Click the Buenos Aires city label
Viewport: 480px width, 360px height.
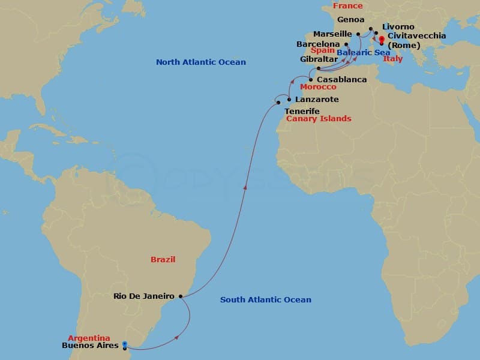point(90,346)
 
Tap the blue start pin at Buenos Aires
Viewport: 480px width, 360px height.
point(124,344)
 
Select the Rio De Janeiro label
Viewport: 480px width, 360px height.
point(144,296)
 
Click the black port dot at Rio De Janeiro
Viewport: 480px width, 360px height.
point(181,296)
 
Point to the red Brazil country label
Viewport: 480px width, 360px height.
point(163,260)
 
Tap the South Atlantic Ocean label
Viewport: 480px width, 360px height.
point(265,300)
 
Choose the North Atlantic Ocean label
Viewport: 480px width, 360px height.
point(200,62)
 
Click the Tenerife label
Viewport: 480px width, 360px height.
point(302,112)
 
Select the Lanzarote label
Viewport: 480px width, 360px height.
point(317,100)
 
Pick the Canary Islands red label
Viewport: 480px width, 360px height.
point(319,119)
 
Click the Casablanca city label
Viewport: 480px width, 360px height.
point(341,80)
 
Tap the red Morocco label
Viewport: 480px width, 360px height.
point(318,88)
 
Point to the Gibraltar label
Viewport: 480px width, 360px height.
point(319,59)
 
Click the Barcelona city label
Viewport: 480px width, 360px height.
point(318,44)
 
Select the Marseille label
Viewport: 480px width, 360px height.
point(332,34)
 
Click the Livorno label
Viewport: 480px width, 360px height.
point(398,27)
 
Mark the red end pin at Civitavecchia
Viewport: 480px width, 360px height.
point(382,41)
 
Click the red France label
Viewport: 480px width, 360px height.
point(348,6)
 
